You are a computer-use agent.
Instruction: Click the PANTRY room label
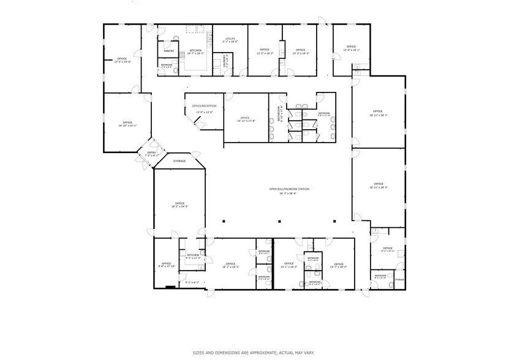click(169, 51)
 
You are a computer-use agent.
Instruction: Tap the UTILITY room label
click(230, 38)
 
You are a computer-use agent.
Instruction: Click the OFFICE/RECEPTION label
click(203, 105)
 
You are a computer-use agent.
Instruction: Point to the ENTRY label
click(151, 152)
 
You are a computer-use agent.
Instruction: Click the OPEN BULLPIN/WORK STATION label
click(289, 189)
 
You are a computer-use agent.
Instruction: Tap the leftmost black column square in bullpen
click(224, 220)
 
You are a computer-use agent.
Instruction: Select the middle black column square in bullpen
click(279, 220)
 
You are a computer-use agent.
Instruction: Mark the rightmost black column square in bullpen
click(334, 220)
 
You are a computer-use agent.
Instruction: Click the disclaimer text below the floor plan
click(254, 352)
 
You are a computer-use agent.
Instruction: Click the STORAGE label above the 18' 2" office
click(179, 160)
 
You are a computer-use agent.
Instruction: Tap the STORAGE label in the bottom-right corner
click(399, 279)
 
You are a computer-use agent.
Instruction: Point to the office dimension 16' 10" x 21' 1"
click(127, 126)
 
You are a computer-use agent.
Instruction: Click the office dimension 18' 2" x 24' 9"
click(179, 206)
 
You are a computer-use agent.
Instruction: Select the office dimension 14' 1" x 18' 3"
click(288, 267)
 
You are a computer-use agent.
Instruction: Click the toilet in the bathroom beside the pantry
click(175, 70)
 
